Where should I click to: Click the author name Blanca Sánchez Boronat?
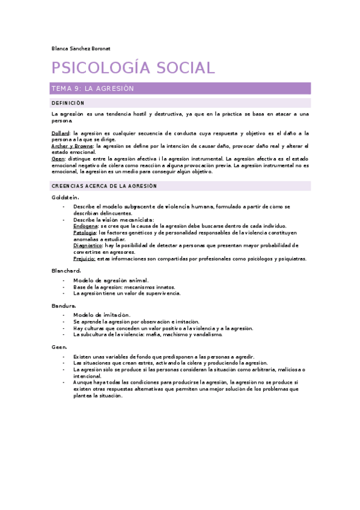(x=81, y=48)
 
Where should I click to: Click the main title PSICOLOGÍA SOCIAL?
(x=133, y=68)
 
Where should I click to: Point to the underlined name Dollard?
(x=61, y=132)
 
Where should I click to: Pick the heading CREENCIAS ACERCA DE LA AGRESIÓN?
(x=104, y=186)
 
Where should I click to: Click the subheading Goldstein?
(x=66, y=197)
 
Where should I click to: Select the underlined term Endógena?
(x=86, y=226)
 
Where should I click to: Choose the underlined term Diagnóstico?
(x=88, y=245)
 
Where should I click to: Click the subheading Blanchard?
(x=66, y=271)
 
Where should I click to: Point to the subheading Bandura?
(x=64, y=306)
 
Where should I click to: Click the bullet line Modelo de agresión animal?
(x=111, y=280)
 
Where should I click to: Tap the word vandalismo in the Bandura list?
(x=208, y=334)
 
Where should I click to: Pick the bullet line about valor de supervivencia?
(x=126, y=293)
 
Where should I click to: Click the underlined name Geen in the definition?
(x=58, y=159)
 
